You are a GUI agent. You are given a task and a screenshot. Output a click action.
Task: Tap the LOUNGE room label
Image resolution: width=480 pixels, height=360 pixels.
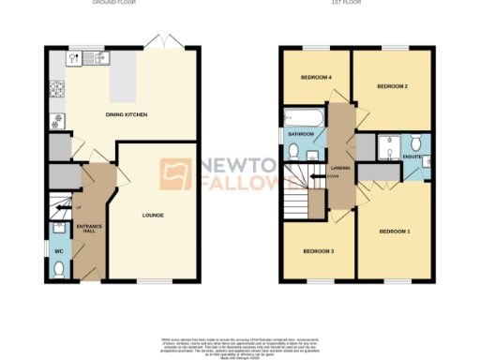153,216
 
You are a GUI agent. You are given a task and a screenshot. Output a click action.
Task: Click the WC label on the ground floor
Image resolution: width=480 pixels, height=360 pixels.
57,250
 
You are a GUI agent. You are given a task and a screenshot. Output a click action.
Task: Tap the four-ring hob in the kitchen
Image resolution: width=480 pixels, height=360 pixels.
57,91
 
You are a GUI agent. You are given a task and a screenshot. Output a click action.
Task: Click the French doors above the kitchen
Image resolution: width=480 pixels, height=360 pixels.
165,43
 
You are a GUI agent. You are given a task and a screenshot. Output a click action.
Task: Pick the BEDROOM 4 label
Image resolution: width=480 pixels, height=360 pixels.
316,77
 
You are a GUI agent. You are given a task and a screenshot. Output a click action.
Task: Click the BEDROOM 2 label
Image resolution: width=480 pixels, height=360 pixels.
392,86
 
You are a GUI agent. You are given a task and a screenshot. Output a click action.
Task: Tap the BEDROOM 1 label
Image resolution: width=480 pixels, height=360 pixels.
395,230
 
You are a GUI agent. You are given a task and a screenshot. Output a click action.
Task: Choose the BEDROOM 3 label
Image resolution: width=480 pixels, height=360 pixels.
319,251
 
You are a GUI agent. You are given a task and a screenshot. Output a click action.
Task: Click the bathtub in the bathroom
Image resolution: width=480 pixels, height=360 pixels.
304,118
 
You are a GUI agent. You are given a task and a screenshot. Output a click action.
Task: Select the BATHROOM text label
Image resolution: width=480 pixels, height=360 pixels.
302,135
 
